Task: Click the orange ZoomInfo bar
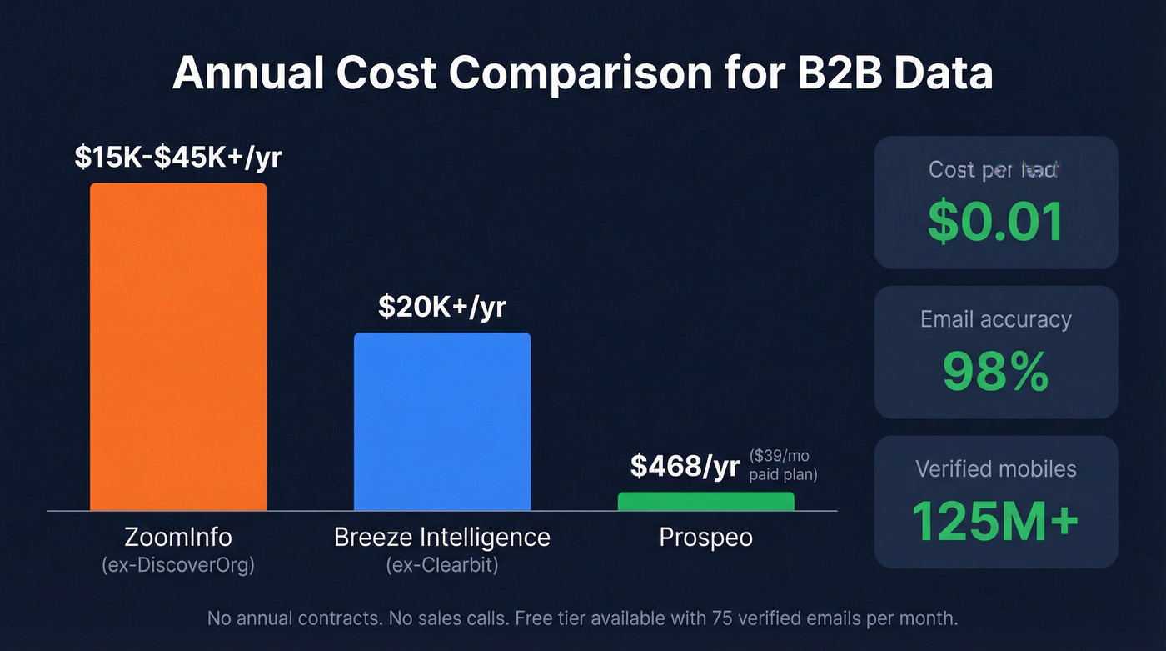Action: point(178,346)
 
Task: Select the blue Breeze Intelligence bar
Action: point(442,421)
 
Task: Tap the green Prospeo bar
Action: point(705,501)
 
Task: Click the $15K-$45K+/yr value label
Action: point(178,157)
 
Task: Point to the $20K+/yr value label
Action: point(442,307)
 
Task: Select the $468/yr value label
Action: point(685,466)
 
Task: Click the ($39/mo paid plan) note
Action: point(782,465)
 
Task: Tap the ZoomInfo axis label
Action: point(178,537)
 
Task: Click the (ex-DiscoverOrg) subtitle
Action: point(178,564)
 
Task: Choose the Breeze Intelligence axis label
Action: point(442,537)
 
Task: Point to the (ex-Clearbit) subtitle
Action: point(442,564)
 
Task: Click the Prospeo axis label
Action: point(705,537)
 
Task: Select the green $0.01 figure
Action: point(996,222)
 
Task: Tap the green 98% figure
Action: point(996,372)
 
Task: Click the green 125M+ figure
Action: point(996,521)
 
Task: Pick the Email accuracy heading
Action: point(996,319)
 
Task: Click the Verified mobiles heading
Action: point(996,468)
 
